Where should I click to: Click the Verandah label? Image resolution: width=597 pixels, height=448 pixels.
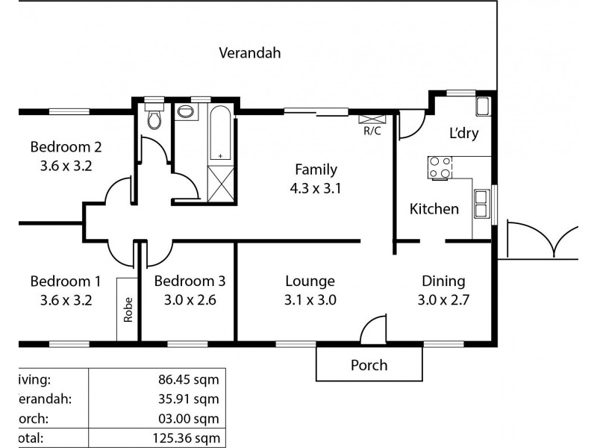[249, 53]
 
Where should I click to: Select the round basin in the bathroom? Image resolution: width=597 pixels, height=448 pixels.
[186, 113]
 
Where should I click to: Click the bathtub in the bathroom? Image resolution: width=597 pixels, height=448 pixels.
[221, 134]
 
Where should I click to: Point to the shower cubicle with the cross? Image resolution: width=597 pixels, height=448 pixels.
[221, 181]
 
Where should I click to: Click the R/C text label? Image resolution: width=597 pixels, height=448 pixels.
[372, 131]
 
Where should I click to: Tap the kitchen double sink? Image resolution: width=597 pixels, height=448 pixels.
[482, 202]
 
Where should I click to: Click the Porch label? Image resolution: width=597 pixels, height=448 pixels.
[369, 365]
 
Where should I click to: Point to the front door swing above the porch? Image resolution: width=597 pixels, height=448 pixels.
[374, 329]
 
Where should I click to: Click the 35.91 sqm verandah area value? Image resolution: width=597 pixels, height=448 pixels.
[192, 399]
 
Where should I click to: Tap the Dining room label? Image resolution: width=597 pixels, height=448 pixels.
[443, 281]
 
